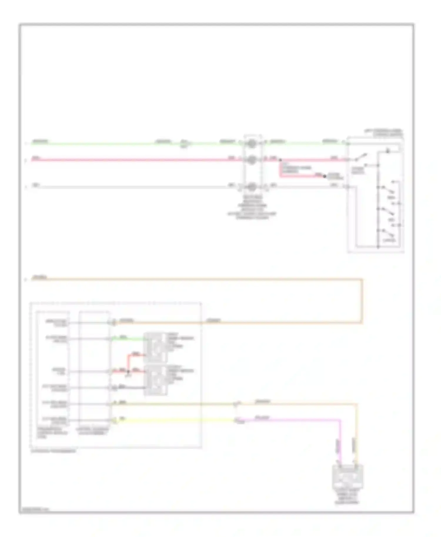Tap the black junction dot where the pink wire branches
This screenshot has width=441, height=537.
pos(280,160)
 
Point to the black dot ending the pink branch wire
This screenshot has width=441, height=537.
pos(325,176)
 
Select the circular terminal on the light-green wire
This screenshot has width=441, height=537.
pos(252,144)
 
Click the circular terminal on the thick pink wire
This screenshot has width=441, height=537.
pos(252,160)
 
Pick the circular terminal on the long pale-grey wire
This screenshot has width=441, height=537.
pos(252,187)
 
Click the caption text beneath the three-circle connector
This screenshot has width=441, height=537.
pos(252,207)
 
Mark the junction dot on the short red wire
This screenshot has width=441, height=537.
pos(128,372)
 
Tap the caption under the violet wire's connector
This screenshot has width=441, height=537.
pos(348,496)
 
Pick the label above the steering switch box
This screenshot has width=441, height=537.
pos(384,133)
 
